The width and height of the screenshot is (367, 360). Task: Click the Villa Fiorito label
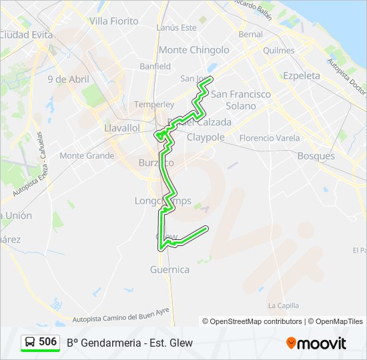[113, 21]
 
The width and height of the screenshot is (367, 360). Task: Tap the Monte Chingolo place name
[194, 50]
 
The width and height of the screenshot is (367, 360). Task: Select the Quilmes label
[279, 50]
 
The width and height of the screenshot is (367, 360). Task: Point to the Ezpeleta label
[302, 75]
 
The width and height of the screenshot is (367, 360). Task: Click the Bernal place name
[251, 34]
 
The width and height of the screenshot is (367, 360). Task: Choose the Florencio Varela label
[269, 138]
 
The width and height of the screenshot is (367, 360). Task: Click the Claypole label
[206, 137]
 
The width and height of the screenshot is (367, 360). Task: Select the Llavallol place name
[122, 127]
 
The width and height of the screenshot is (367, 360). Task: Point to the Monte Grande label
[87, 156]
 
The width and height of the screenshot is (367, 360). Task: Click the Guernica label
[170, 270]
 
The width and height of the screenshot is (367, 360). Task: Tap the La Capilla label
[283, 305]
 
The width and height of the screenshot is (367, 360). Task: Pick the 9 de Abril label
[68, 79]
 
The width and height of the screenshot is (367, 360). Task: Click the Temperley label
[154, 105]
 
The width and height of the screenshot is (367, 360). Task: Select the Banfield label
[155, 67]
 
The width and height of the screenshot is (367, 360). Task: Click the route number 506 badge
[47, 342]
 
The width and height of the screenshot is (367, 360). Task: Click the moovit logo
[316, 343]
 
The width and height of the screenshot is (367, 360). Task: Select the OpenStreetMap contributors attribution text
[252, 321]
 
